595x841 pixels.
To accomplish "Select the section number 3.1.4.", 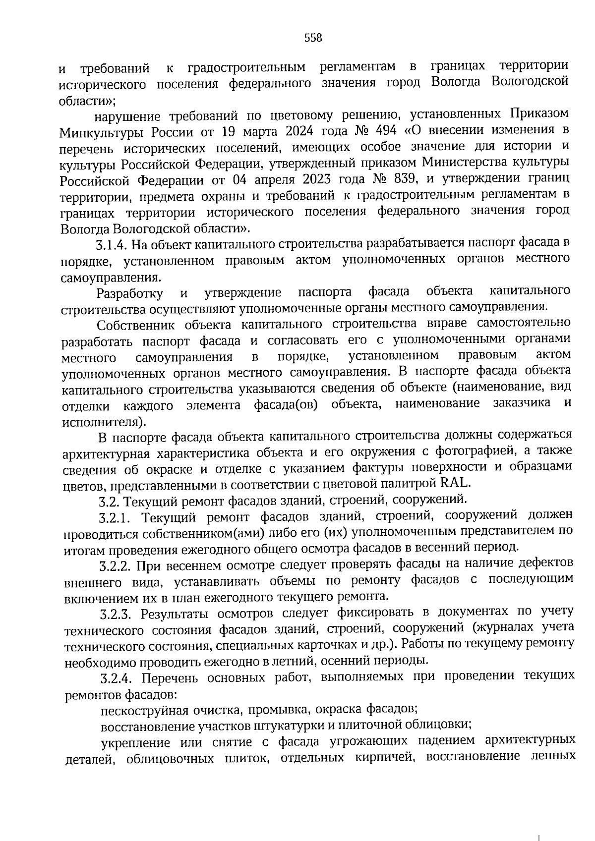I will [112, 244].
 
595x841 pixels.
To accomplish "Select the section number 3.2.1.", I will [115, 518].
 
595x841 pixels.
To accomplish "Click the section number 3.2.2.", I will [115, 566].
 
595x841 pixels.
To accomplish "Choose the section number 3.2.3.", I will [116, 615].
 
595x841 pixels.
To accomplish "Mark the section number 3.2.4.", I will [117, 677].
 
